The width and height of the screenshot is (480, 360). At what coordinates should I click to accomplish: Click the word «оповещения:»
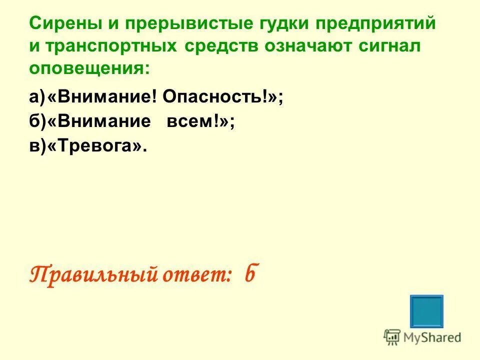89,68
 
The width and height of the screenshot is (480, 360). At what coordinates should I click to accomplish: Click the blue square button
426,311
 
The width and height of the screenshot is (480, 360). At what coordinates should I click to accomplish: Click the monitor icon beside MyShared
392,337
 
